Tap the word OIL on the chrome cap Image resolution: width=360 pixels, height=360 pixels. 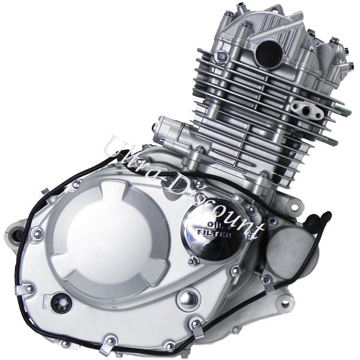[x=213, y=224]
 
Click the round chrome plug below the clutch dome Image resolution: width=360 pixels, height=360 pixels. [x=189, y=299]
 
